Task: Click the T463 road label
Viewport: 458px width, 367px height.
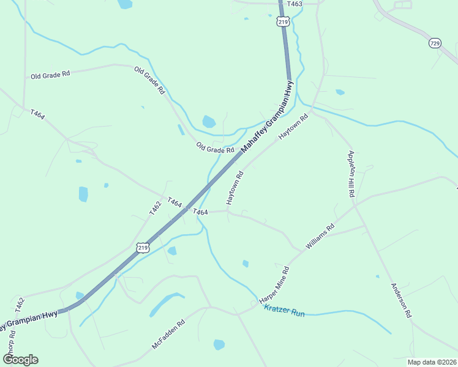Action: coord(295,4)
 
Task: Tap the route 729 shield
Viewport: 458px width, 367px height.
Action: coord(435,43)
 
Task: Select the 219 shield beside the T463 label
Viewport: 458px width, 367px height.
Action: coord(282,21)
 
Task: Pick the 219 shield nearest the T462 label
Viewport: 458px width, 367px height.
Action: coord(143,248)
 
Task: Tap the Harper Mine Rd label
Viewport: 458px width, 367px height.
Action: coord(274,286)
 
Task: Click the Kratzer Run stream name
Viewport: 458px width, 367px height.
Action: coord(284,311)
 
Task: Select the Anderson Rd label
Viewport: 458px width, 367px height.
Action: coord(402,300)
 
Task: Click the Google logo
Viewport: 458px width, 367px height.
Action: coord(20,360)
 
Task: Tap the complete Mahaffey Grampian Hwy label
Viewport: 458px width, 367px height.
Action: coord(268,117)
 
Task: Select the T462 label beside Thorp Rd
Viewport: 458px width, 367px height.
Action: coord(20,305)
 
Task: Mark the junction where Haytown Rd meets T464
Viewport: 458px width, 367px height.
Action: coord(228,212)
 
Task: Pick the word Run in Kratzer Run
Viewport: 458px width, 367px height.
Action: coord(298,313)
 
